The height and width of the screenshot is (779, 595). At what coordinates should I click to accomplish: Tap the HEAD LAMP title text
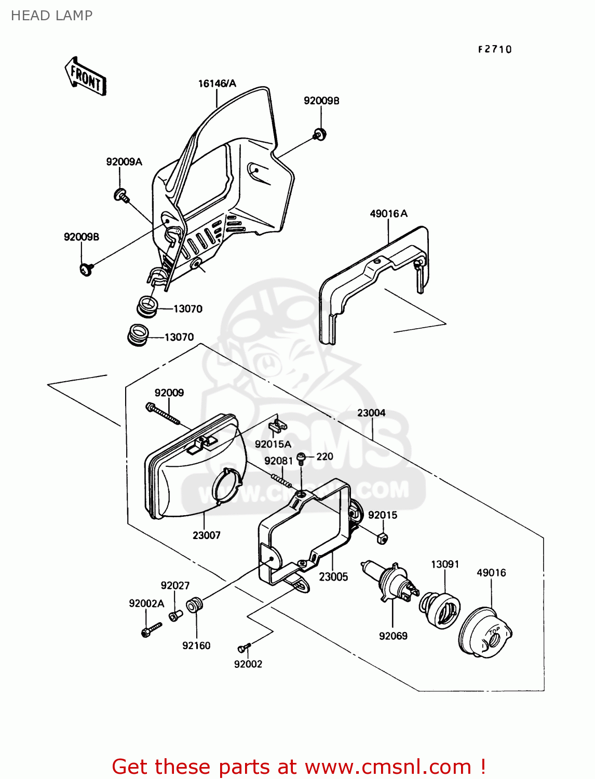coord(51,16)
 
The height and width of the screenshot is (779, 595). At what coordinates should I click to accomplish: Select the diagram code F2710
coord(495,49)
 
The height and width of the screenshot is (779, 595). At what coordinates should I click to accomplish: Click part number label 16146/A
coord(217,84)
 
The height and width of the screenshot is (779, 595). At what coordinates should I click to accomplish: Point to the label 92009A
coord(124,162)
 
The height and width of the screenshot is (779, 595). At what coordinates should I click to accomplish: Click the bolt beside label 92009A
coord(121,195)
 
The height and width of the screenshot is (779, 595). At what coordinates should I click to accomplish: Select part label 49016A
coord(388,213)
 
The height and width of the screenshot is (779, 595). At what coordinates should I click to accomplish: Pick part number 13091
coord(445,565)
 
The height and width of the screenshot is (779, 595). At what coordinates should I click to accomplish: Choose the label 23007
coord(207,535)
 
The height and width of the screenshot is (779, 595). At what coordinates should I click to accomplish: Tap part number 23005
coord(333,577)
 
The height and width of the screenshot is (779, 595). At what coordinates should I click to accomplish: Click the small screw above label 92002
coord(244,648)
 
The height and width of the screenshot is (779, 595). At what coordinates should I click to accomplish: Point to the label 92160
coord(196,646)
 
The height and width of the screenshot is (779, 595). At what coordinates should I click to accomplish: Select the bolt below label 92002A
coord(149,630)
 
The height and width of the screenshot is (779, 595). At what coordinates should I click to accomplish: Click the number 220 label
coord(325,456)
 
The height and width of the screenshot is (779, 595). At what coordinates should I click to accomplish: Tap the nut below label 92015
coord(382,538)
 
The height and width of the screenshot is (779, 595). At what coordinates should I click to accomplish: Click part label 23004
coord(371,413)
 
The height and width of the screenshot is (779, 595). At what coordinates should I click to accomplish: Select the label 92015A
coord(273,444)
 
